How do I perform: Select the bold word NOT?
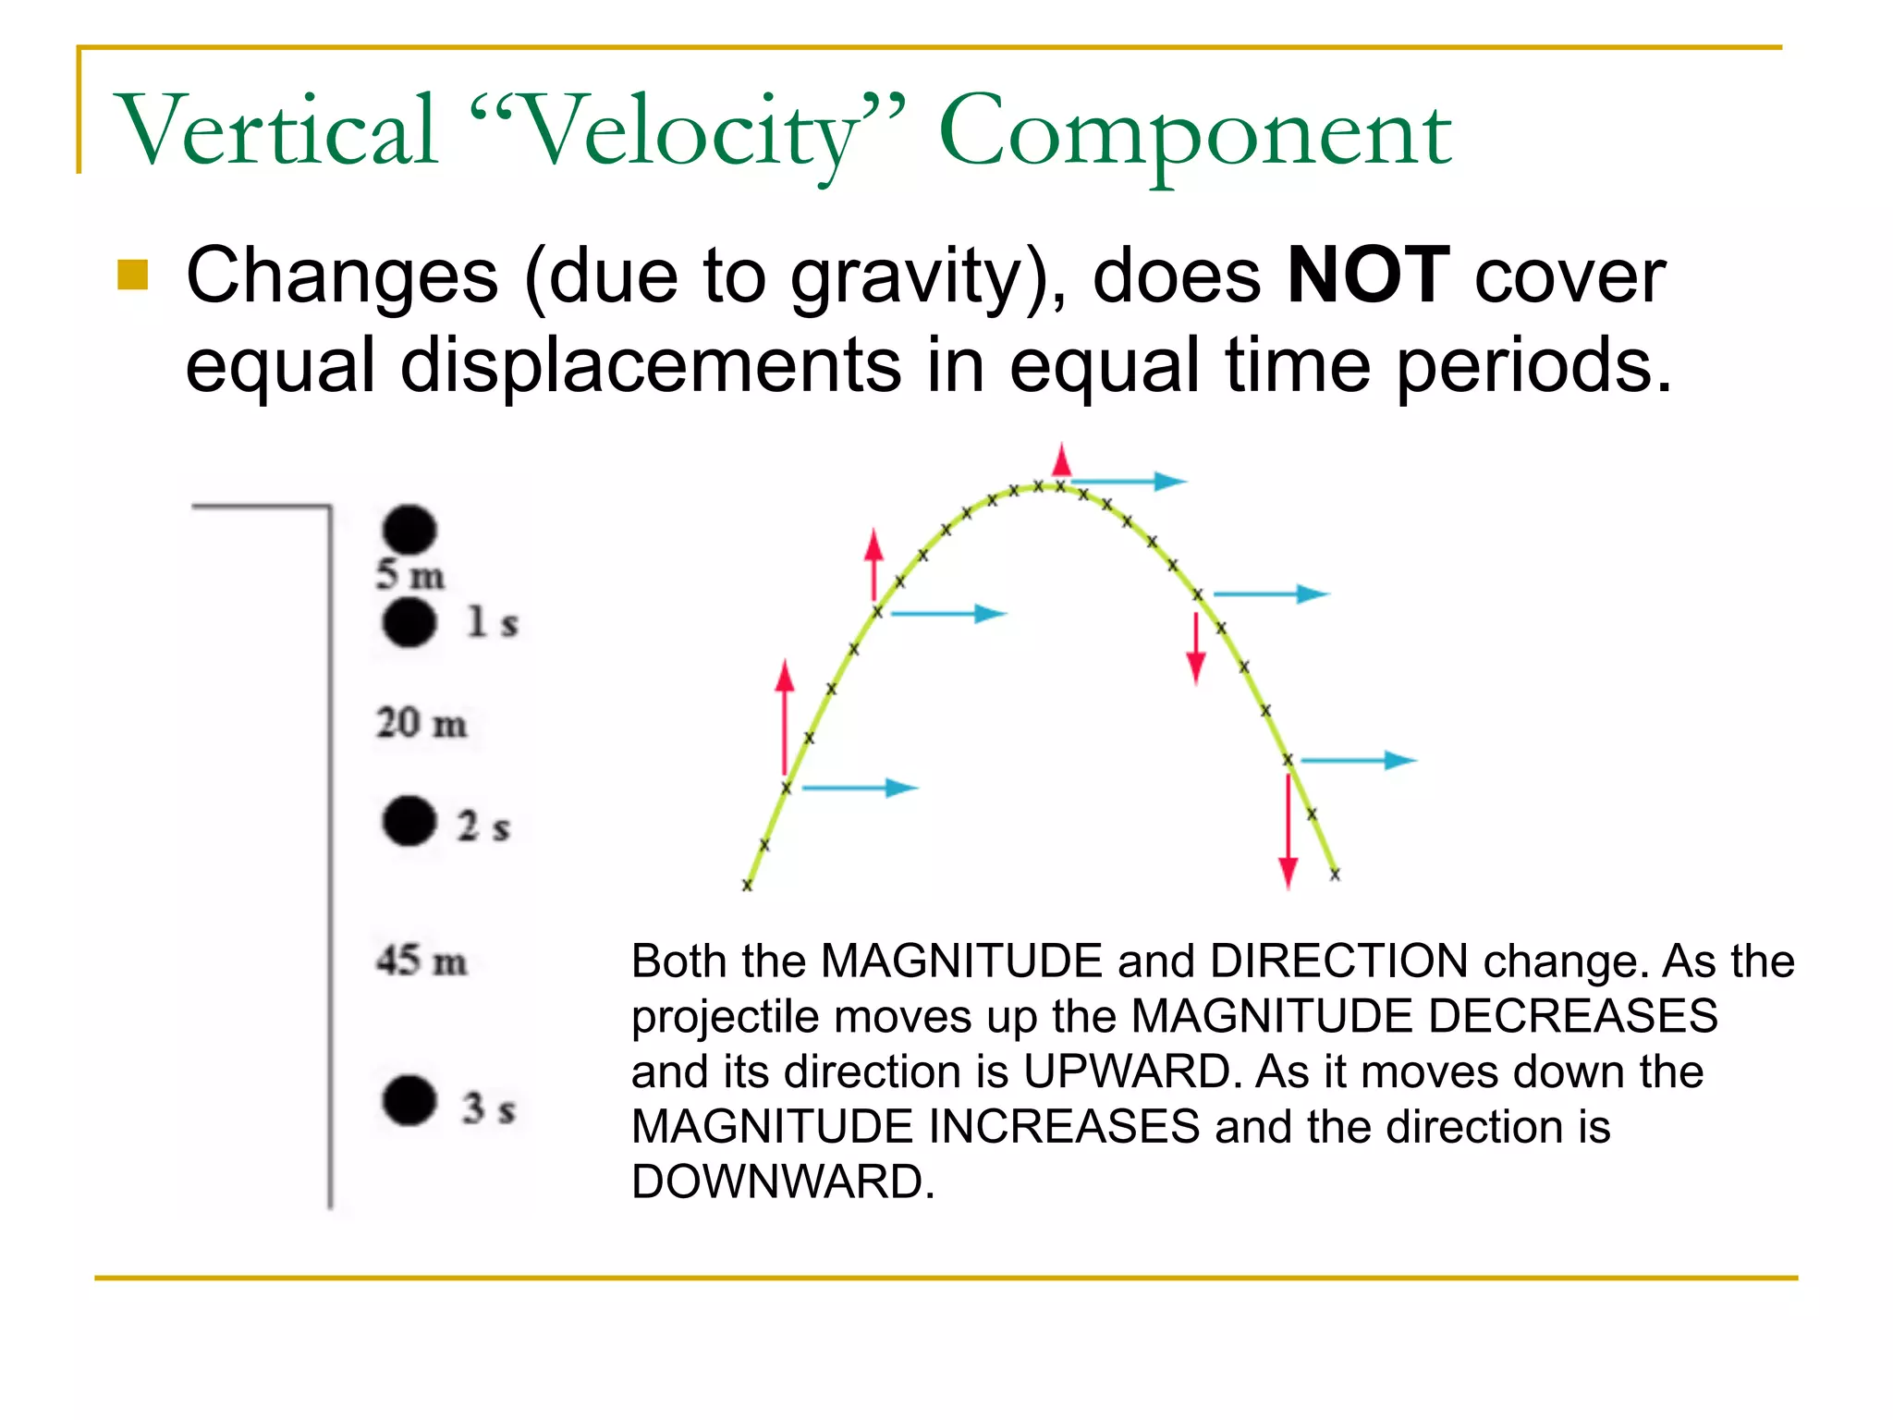coord(1368,275)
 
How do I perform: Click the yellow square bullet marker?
coord(133,275)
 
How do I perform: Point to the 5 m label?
coord(409,575)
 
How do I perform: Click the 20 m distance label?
coord(421,723)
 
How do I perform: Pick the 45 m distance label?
coord(421,961)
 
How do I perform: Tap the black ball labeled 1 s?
coord(409,622)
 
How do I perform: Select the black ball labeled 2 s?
coord(409,821)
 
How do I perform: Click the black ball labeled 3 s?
coord(409,1100)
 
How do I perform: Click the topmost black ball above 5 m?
coord(409,529)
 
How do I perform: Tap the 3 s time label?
coord(488,1108)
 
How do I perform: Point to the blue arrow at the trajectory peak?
coord(1128,481)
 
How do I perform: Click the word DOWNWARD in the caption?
coord(782,1181)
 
